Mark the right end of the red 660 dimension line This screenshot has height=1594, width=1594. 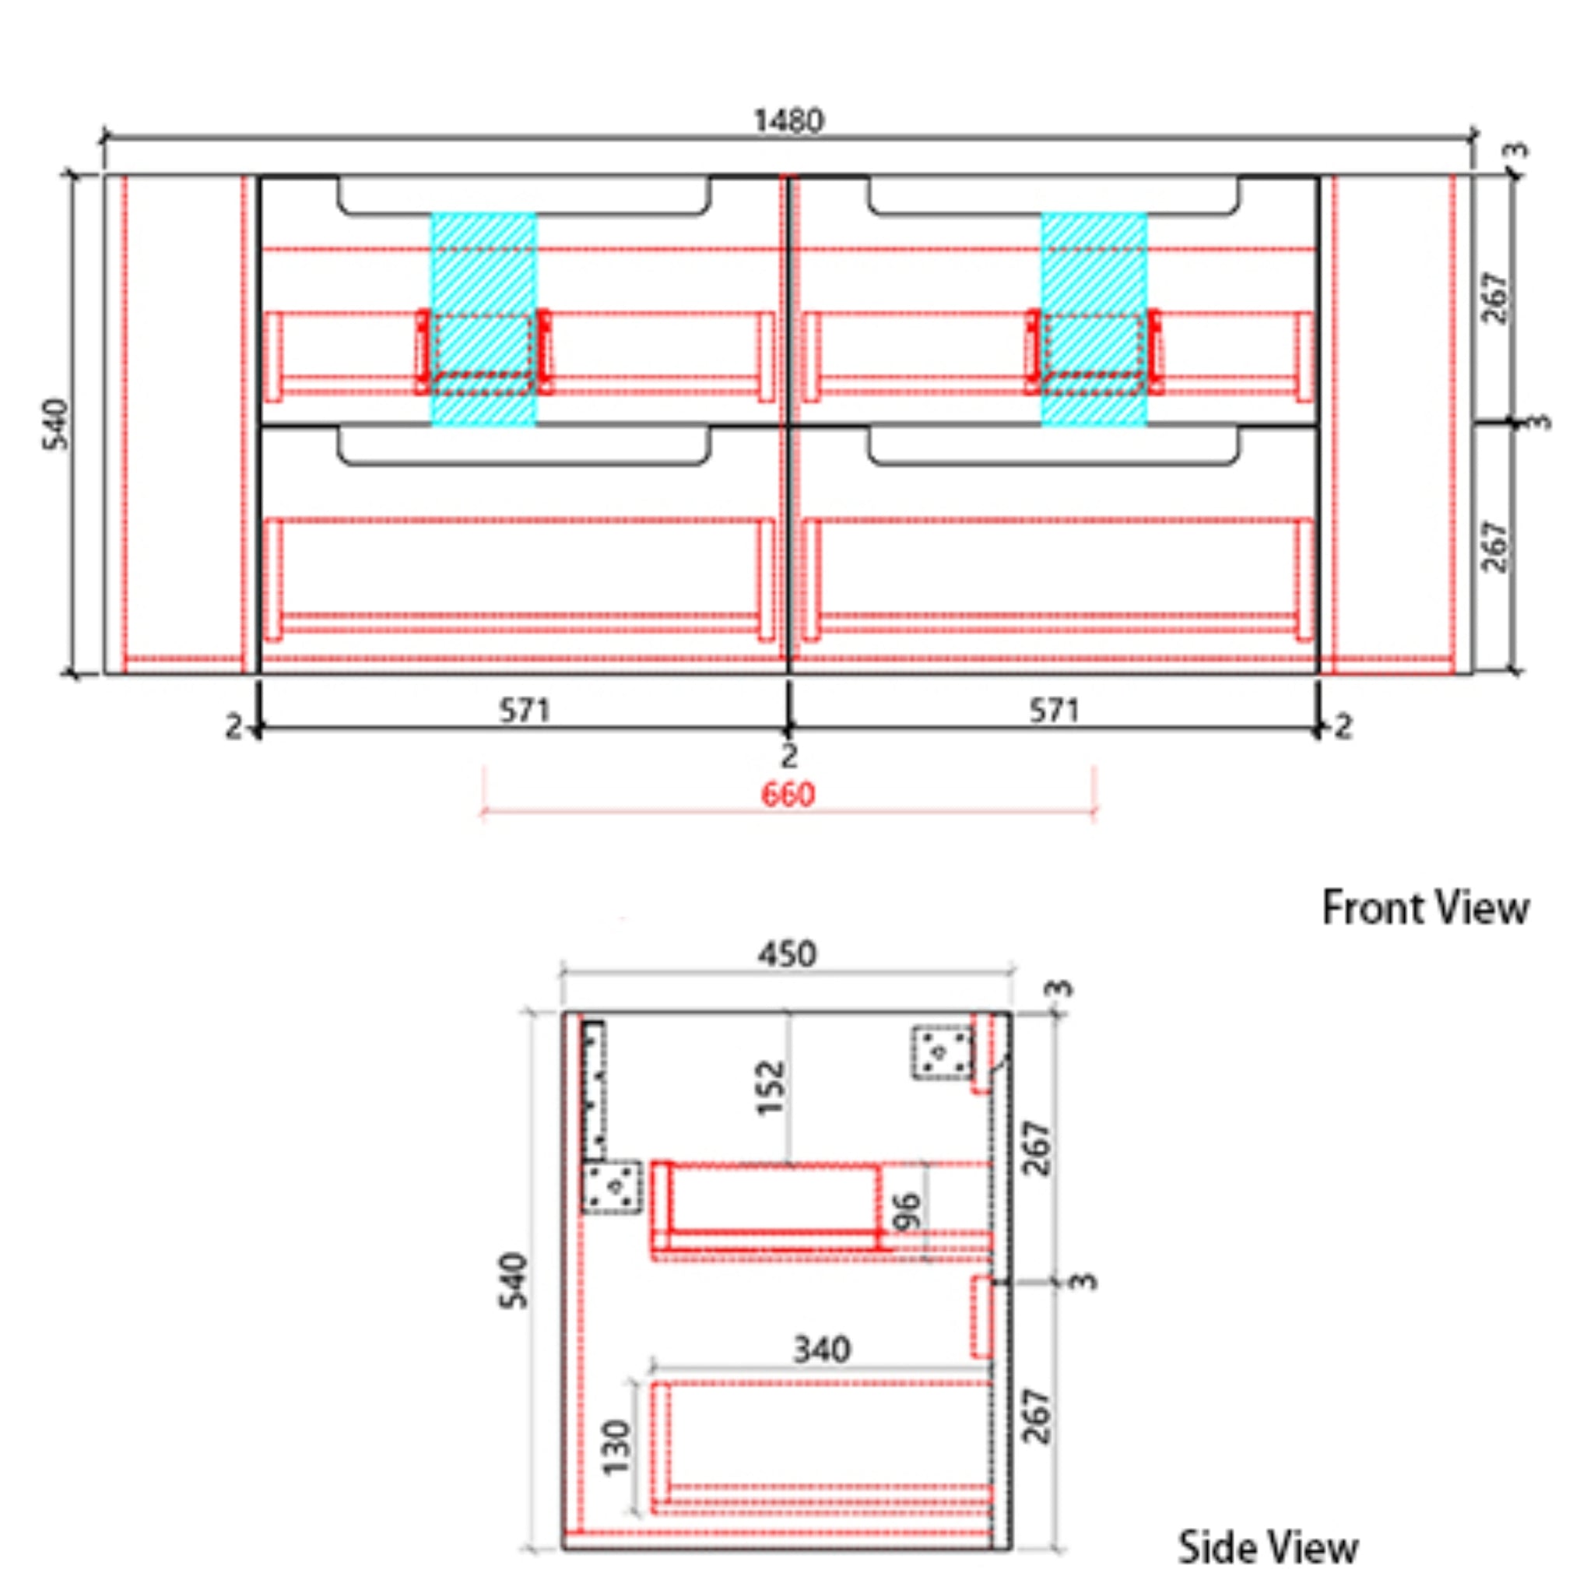[x=1094, y=812]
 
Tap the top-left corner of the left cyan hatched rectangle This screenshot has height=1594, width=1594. [x=431, y=214]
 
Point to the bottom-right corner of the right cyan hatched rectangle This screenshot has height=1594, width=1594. [x=1146, y=426]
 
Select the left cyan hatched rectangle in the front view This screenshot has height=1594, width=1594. [x=483, y=320]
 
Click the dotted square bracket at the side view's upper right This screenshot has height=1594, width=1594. [x=942, y=1052]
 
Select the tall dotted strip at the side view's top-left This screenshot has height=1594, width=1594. [x=593, y=1089]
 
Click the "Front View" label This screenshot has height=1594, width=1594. [x=1426, y=908]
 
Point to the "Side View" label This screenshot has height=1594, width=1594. [x=1267, y=1548]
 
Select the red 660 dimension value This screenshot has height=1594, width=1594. [x=788, y=794]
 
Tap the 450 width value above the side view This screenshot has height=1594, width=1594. [x=787, y=954]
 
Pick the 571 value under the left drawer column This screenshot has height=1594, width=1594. [x=524, y=710]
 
